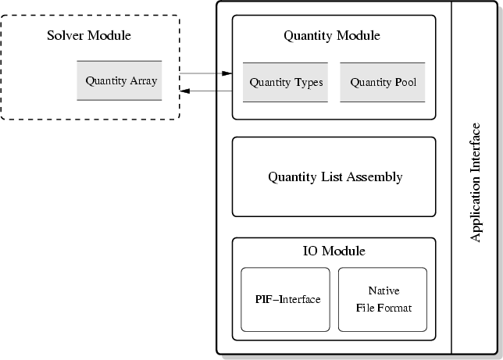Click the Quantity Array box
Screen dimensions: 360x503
click(120, 80)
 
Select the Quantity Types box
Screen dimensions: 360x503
click(285, 82)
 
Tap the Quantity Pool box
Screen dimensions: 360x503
click(383, 82)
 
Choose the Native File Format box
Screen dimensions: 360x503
click(383, 299)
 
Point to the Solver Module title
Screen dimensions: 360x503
click(89, 35)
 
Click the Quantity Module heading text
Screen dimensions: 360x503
click(332, 35)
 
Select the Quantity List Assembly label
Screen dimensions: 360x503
click(335, 176)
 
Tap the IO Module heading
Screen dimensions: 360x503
click(334, 251)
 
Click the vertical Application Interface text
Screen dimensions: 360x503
click(476, 181)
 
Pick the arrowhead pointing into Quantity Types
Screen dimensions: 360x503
click(227, 73)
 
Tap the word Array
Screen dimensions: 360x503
click(144, 80)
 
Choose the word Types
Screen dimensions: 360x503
click(309, 82)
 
